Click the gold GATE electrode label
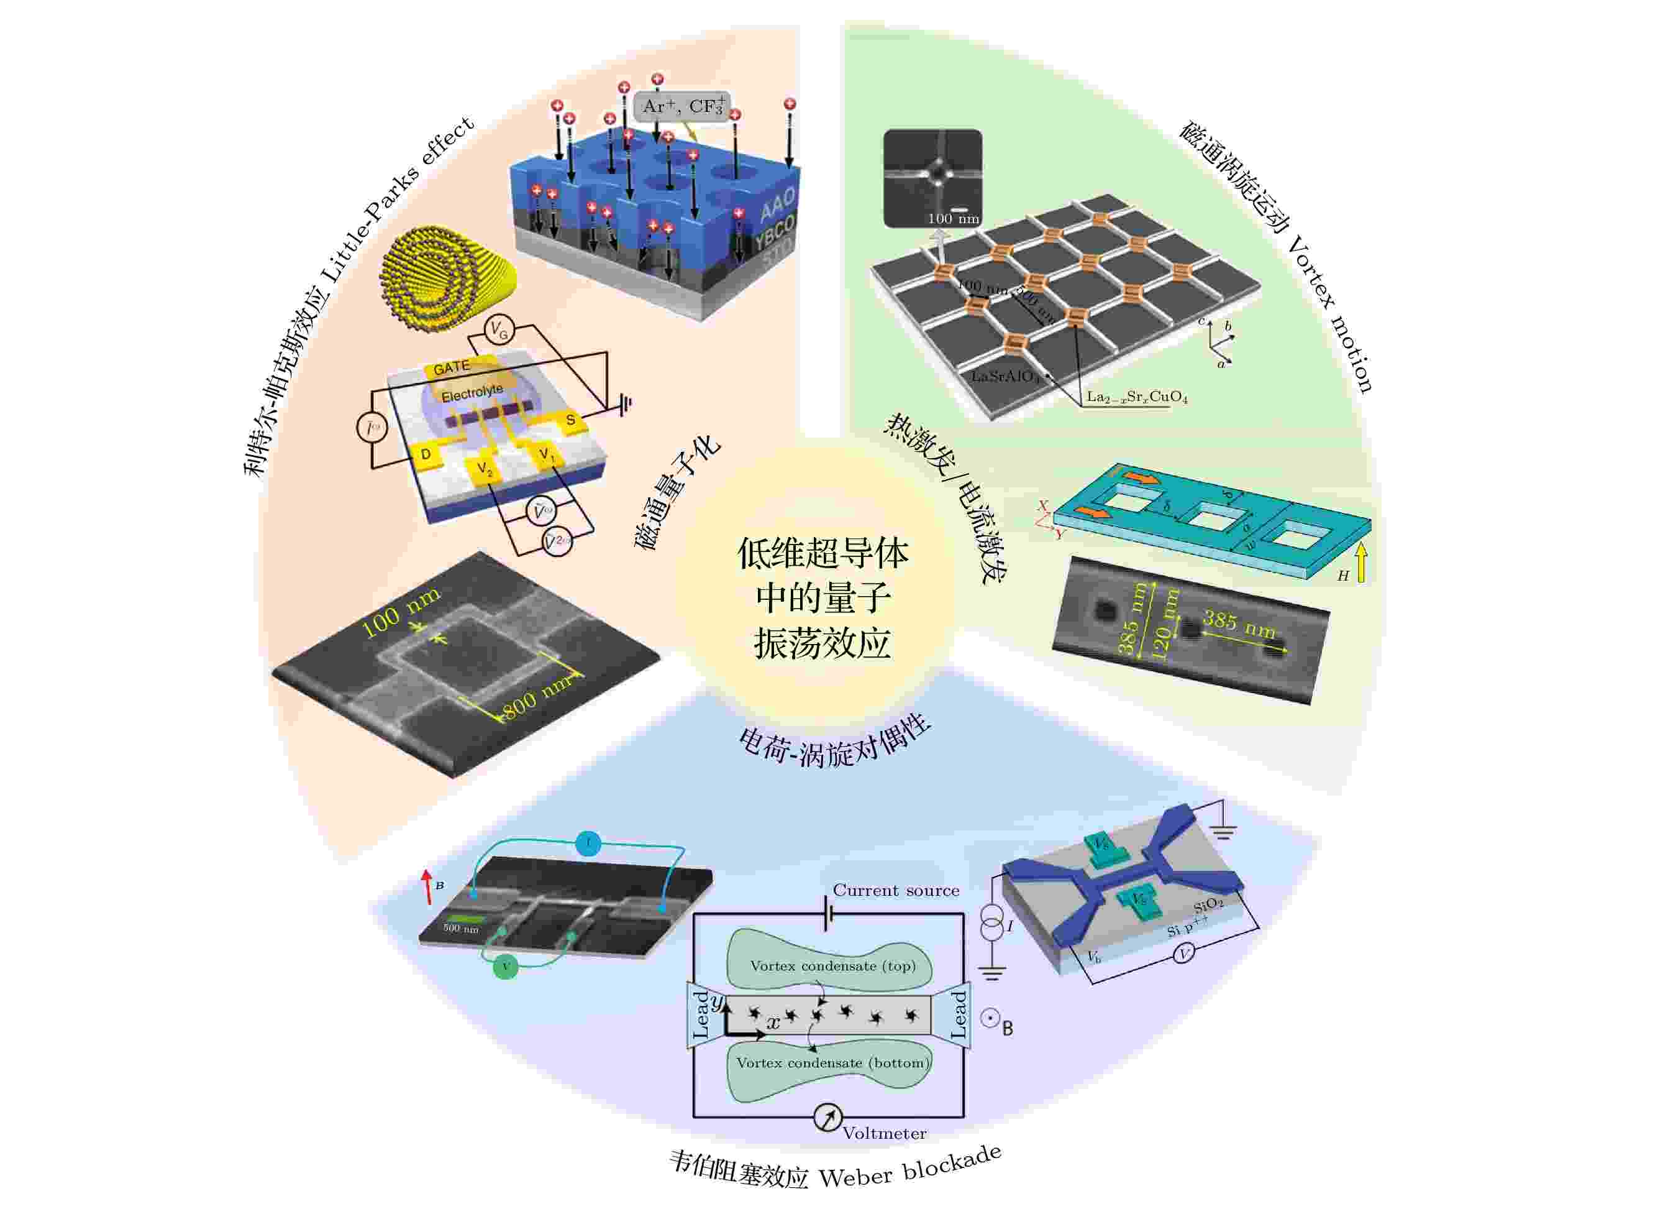coord(451,367)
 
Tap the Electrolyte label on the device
coord(472,393)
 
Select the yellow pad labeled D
coord(426,455)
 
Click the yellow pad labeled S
coord(570,420)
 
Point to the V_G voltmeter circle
coord(499,331)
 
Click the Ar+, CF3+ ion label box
coord(682,107)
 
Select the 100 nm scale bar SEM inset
coord(932,178)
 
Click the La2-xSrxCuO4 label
coord(1137,398)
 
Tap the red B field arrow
coord(427,886)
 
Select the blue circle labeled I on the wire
coord(588,844)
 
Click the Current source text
coord(895,891)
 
